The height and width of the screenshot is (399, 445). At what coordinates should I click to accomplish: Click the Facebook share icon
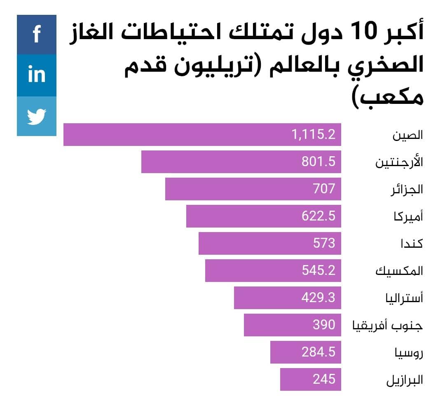tap(36, 34)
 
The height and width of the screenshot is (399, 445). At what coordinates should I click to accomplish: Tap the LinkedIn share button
tap(36, 75)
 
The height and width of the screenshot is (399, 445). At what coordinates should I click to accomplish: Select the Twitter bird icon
tap(36, 116)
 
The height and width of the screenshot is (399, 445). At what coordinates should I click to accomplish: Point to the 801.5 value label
tap(319, 162)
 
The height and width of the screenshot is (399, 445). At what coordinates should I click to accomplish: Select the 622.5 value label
tap(319, 216)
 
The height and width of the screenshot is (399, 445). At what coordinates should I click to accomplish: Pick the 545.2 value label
tap(319, 271)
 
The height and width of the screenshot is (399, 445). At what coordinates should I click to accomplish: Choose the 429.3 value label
tap(319, 298)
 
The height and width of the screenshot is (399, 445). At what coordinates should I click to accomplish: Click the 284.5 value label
tap(319, 352)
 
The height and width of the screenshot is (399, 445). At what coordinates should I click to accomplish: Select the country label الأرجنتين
tap(399, 162)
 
